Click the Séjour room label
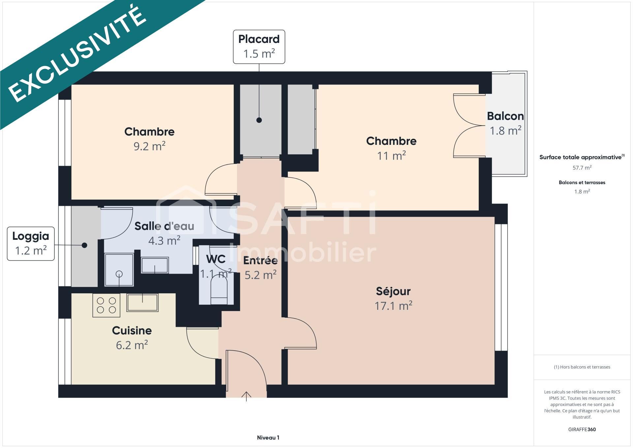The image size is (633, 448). coord(393,291)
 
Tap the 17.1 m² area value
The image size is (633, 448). coord(393,306)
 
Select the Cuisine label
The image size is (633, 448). coord(132,331)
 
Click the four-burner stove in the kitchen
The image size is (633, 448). coord(106,305)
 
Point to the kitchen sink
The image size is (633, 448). coord(142,303)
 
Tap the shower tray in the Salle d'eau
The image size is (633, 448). coord(119,270)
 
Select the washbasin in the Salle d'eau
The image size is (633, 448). coord(155,265)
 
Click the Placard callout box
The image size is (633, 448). coord(259,47)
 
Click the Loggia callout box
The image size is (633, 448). coord(31,243)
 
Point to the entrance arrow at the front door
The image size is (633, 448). coord(246,396)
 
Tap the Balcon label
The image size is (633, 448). coord(505,116)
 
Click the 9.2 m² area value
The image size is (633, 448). coord(149,146)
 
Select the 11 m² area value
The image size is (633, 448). coord(391,155)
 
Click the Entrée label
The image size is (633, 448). coord(260,261)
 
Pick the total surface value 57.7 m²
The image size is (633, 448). coord(582,168)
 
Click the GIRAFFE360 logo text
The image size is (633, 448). coord(582,430)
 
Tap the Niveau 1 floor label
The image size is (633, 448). coord(268,438)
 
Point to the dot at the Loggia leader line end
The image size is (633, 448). coord(84,245)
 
